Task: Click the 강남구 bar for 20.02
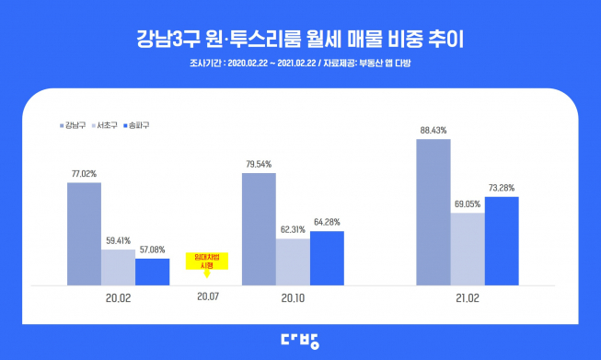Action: click(x=84, y=234)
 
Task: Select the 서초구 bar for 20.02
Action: click(x=118, y=266)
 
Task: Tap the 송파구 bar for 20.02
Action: click(x=152, y=272)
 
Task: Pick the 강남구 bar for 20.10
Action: click(x=259, y=228)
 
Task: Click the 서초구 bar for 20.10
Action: click(x=293, y=261)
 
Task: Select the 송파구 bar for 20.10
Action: click(x=327, y=258)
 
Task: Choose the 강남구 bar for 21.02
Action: click(x=433, y=212)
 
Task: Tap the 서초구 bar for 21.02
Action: click(x=468, y=249)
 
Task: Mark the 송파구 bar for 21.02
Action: click(x=502, y=240)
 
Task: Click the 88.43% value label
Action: click(x=433, y=131)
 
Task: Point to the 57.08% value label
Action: click(x=152, y=250)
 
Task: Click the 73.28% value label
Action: click(x=502, y=188)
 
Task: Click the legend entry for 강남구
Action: click(x=73, y=124)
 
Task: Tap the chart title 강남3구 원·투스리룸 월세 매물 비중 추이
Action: click(x=300, y=40)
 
